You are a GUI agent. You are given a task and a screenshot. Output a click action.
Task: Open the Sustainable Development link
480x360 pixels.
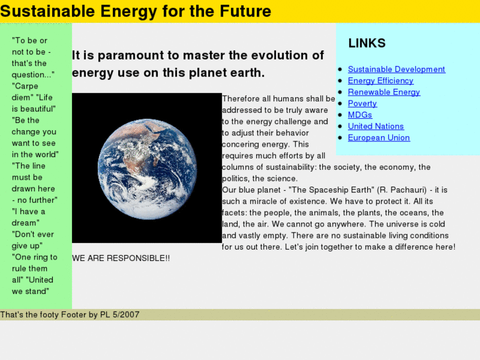[x=396, y=69]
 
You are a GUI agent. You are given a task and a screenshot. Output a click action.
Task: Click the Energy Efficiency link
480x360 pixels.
[x=380, y=81]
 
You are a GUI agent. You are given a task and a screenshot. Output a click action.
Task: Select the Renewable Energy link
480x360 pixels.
[x=384, y=92]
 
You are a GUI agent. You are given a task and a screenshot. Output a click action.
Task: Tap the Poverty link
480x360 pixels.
[x=362, y=104]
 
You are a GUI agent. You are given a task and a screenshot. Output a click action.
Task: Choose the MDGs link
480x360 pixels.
[x=360, y=115]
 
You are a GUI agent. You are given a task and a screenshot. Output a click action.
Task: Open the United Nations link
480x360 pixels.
[x=376, y=126]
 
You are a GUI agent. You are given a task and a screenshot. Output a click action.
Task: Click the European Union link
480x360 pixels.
[x=379, y=138]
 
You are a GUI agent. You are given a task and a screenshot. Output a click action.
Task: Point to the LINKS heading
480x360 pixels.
[x=366, y=43]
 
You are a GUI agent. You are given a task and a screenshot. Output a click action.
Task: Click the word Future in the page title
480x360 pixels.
[x=245, y=11]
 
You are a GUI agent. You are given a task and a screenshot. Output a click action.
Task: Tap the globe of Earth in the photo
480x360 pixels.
[x=147, y=169]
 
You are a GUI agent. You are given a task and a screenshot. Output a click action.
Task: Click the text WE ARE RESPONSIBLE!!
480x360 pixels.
[x=121, y=258]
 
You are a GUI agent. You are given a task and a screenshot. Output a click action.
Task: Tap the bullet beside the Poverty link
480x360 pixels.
[x=340, y=104]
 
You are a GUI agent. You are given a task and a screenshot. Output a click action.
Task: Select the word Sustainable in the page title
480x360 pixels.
[x=48, y=11]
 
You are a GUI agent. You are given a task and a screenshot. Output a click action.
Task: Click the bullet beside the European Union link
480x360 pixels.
[x=340, y=138]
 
